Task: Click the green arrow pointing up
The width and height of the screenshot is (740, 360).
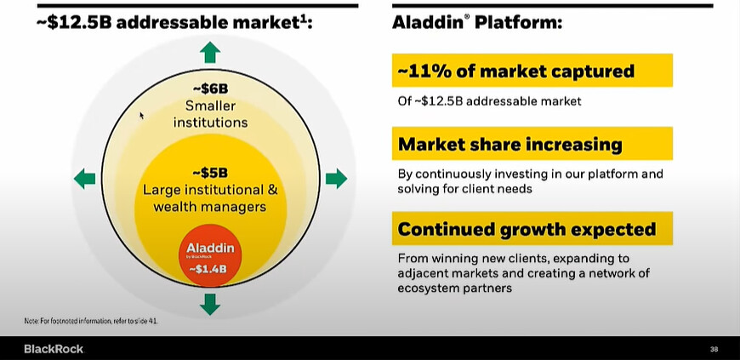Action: click(x=210, y=52)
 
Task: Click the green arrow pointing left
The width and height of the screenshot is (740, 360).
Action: click(x=85, y=179)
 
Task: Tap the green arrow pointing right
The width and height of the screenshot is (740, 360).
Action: click(x=336, y=179)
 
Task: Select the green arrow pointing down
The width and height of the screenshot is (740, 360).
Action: click(x=210, y=304)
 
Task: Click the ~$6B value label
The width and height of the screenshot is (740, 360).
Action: click(x=210, y=89)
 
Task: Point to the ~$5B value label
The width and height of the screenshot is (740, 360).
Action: click(x=210, y=173)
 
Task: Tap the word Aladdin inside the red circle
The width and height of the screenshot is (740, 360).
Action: click(x=210, y=248)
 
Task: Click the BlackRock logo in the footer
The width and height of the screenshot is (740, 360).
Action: click(x=54, y=350)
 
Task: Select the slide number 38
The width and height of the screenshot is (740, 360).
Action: click(x=714, y=350)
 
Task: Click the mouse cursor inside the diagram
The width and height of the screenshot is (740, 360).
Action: click(x=141, y=115)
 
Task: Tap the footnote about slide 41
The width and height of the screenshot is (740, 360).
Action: click(x=91, y=321)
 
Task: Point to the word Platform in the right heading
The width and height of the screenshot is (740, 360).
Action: click(x=518, y=23)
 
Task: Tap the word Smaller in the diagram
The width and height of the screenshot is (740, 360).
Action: click(x=210, y=106)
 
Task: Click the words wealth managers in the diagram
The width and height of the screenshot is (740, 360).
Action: click(x=210, y=207)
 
